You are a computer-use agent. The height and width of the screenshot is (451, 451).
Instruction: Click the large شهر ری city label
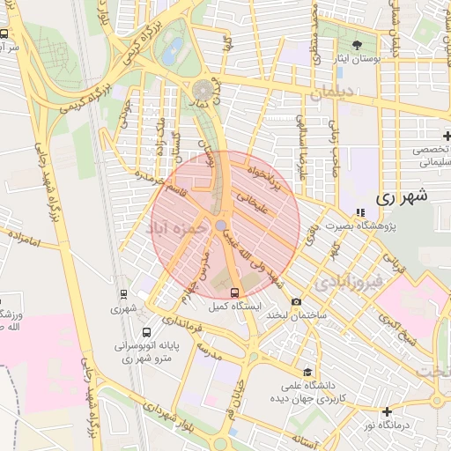click(401, 197)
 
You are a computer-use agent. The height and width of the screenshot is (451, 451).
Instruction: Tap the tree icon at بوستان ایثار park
click(357, 45)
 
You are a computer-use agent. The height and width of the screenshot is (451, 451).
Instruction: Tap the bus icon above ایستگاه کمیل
click(234, 292)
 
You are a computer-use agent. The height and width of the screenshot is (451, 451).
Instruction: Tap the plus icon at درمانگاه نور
click(387, 410)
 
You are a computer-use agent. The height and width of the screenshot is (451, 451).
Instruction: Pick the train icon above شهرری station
click(122, 294)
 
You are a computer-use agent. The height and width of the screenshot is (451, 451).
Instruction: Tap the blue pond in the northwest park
click(174, 46)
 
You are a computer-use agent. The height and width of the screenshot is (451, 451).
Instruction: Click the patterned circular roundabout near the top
click(203, 90)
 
